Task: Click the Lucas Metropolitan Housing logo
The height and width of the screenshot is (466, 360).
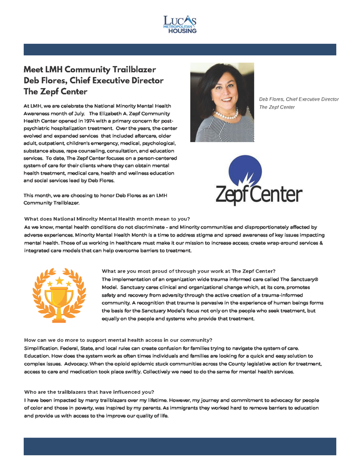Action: tap(180, 24)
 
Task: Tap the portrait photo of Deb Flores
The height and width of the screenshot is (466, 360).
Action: tap(222, 102)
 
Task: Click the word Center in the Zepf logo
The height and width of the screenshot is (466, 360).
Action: tap(278, 194)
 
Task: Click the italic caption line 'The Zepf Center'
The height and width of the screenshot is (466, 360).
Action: tap(277, 107)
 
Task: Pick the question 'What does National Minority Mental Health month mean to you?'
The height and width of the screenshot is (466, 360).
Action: tap(107, 219)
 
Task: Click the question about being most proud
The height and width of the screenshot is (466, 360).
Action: tap(189, 271)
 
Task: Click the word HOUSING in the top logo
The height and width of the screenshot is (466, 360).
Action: tap(182, 31)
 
